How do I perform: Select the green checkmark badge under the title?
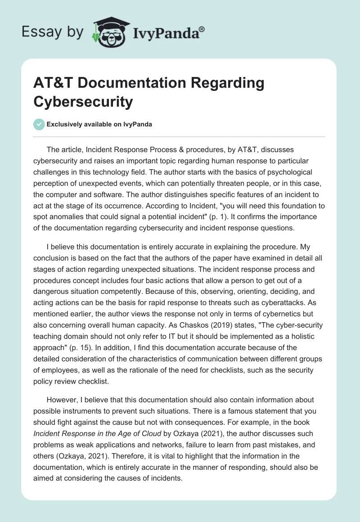coord(39,124)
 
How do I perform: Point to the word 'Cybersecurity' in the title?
coord(83,102)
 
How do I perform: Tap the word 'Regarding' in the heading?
coord(229,84)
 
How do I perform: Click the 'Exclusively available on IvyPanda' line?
coord(99,125)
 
